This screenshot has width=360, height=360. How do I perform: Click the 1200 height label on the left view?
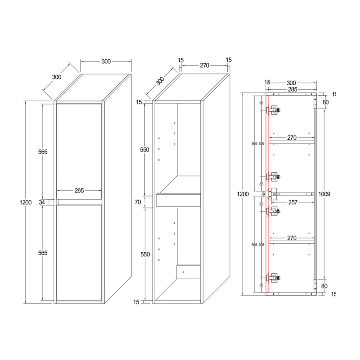point(25,202)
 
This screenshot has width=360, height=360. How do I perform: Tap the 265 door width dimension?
point(79,191)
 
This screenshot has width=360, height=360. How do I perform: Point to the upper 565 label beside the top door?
point(43,152)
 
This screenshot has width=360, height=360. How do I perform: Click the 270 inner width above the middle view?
point(204,66)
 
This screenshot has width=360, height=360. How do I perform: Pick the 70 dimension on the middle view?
point(138,202)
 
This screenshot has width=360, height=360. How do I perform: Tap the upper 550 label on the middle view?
point(144,150)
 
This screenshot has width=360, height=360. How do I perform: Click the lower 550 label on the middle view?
point(144,254)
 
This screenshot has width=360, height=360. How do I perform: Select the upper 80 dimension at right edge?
point(326,102)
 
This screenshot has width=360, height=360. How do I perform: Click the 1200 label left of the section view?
point(243,194)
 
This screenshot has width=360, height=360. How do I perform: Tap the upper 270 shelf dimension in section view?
point(291,138)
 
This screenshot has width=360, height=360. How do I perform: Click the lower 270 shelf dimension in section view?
point(291,238)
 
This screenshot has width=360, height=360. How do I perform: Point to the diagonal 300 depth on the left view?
point(57,77)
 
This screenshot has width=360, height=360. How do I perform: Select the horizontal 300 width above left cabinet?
point(106,61)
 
